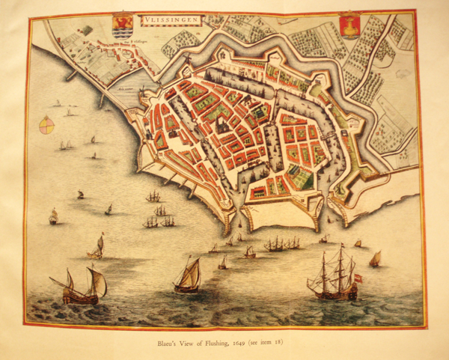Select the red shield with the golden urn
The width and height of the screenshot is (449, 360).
point(349,25)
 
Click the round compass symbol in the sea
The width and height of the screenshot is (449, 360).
point(46,124)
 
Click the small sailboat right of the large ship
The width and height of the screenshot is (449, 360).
point(375,258)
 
